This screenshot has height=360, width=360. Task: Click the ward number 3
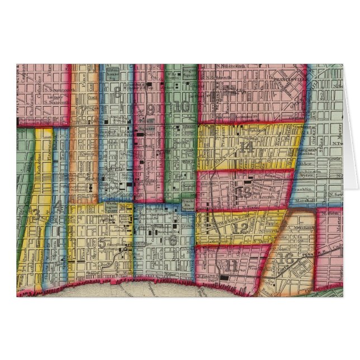[36, 215]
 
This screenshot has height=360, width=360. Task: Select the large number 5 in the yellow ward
[101, 243]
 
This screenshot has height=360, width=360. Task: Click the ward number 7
[82, 111]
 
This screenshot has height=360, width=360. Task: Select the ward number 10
[181, 106]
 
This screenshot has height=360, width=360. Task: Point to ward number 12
[240, 228]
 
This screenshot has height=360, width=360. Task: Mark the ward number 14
[246, 147]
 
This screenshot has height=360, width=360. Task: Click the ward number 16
[286, 258]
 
